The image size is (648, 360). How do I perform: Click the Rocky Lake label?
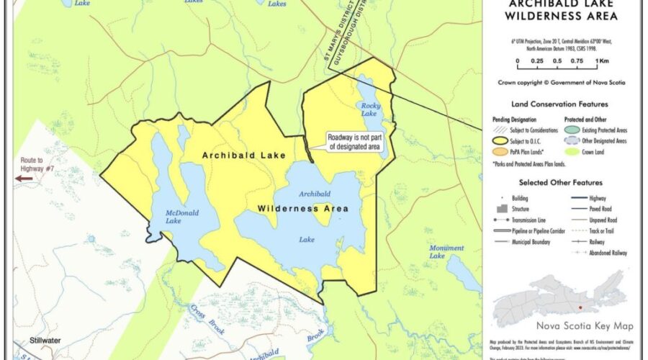(x=368, y=109)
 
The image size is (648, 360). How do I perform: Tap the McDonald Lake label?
(x=163, y=217)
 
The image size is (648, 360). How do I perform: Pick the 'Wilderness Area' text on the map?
(x=303, y=209)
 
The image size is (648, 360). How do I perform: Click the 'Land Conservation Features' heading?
(x=559, y=104)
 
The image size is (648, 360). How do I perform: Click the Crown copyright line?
(x=562, y=83)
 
